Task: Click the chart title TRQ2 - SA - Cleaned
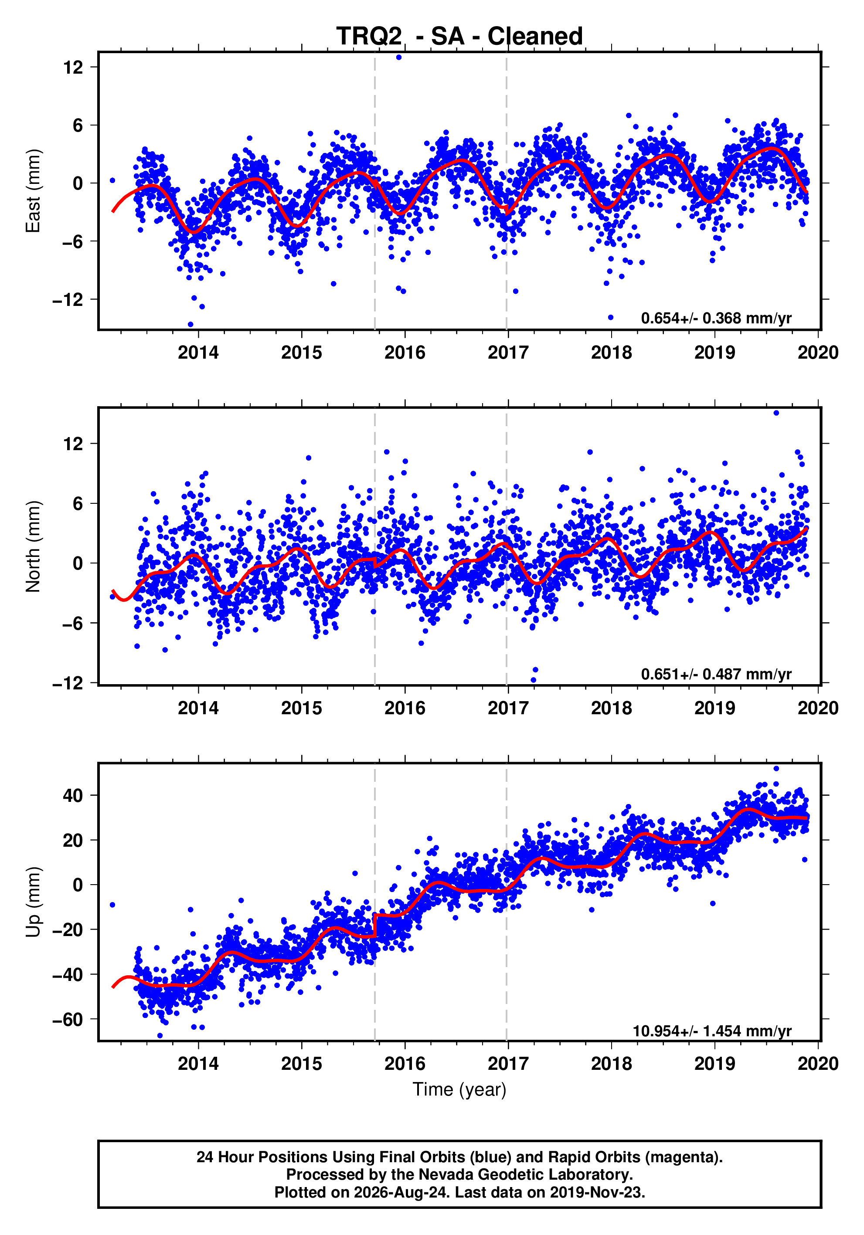pyautogui.click(x=459, y=37)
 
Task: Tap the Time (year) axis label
pyautogui.click(x=459, y=1090)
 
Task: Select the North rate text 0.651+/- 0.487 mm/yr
pyautogui.click(x=716, y=675)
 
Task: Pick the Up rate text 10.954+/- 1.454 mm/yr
pyautogui.click(x=712, y=1031)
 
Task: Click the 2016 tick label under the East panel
pyautogui.click(x=405, y=353)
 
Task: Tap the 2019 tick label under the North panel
pyautogui.click(x=714, y=709)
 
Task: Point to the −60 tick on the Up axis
pyautogui.click(x=68, y=1019)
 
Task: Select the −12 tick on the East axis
pyautogui.click(x=68, y=300)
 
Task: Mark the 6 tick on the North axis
pyautogui.click(x=78, y=503)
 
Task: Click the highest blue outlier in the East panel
pyautogui.click(x=398, y=57)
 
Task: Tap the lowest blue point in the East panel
pyautogui.click(x=190, y=324)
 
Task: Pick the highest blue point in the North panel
pyautogui.click(x=776, y=413)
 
